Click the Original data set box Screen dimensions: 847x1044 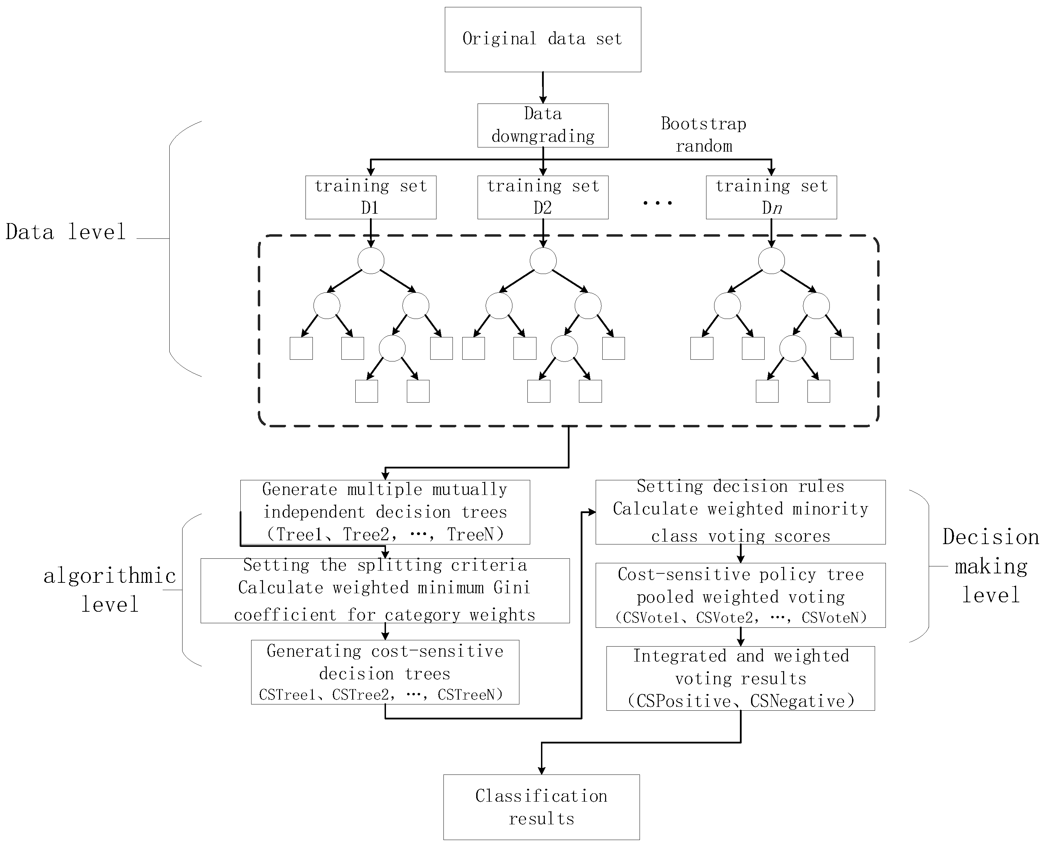coord(542,39)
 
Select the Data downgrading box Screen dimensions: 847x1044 coord(542,125)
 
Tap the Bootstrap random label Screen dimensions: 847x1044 coord(703,135)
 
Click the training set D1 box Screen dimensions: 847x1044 coord(371,197)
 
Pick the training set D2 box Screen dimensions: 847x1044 coord(542,197)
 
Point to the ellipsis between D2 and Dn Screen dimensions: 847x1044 coord(657,203)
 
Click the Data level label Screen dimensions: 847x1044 coord(66,232)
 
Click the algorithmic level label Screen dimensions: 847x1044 coord(110,590)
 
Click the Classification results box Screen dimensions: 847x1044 coord(541,807)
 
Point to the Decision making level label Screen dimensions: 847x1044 coord(990,566)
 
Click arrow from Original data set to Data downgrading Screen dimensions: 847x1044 coord(543,88)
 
